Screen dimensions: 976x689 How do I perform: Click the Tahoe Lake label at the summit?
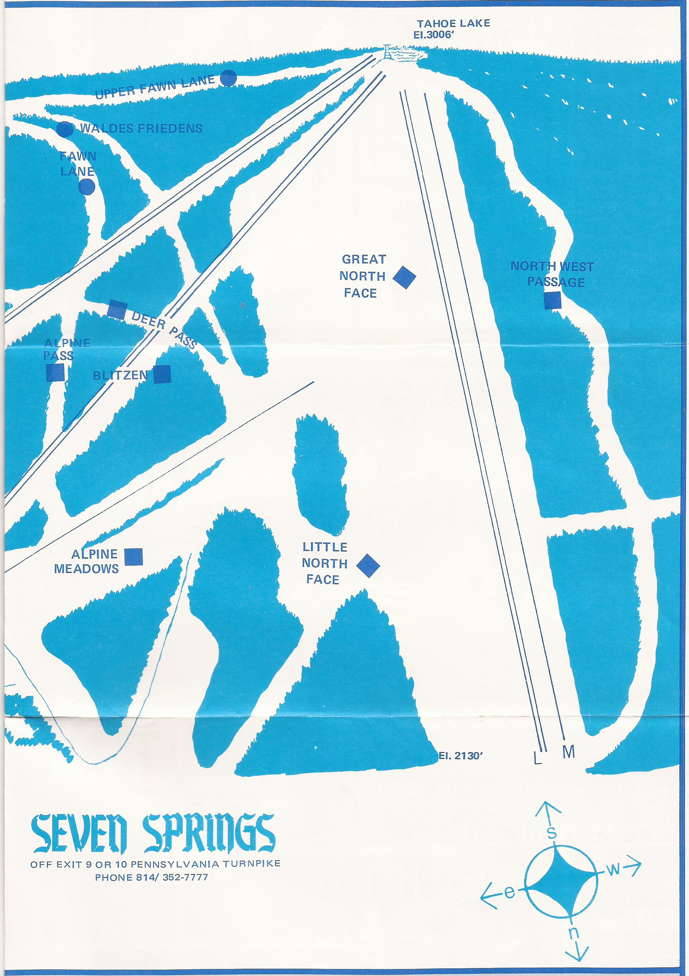point(453,23)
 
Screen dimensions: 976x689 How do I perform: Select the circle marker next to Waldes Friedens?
point(65,129)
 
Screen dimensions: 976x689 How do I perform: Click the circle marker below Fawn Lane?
point(87,187)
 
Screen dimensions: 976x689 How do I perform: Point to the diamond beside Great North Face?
point(404,277)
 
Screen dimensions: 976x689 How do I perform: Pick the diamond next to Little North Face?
point(368,565)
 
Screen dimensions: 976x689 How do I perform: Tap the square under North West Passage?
point(553,300)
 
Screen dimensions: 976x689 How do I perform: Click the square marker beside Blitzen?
point(162,375)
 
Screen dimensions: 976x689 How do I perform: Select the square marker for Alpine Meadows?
point(134,557)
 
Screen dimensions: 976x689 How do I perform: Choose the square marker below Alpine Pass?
point(55,372)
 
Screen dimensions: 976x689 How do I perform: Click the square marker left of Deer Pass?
point(117,309)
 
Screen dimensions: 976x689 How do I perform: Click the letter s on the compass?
point(551,832)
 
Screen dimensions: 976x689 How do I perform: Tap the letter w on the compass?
point(613,870)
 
